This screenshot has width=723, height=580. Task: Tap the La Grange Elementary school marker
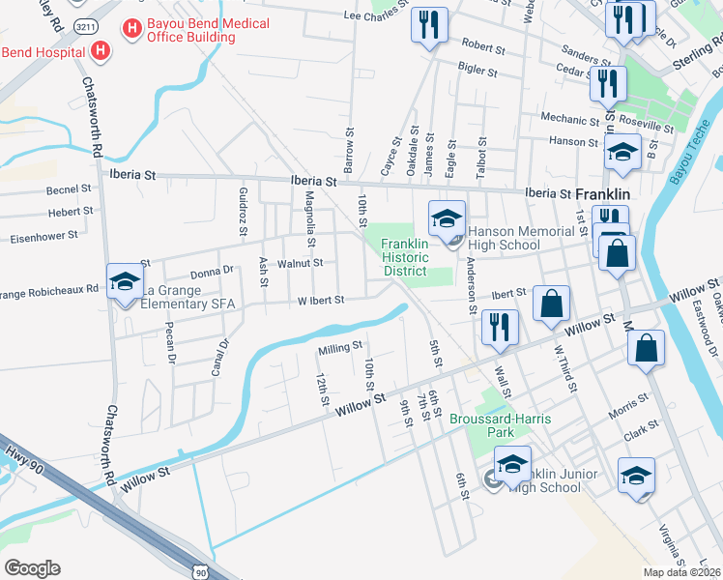pyautogui.click(x=124, y=283)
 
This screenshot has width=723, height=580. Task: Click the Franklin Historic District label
pyautogui.click(x=404, y=257)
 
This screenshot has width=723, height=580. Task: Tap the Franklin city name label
pyautogui.click(x=603, y=193)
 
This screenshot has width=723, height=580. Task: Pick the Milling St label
pyautogui.click(x=339, y=345)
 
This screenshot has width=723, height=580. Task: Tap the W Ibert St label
pyautogui.click(x=320, y=301)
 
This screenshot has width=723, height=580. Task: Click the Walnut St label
pyautogui.click(x=300, y=263)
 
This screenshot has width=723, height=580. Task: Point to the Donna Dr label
pyautogui.click(x=213, y=273)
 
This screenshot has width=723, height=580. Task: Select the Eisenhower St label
pyautogui.click(x=43, y=235)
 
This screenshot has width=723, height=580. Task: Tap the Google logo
pyautogui.click(x=33, y=567)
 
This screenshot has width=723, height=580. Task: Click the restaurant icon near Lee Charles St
pyautogui.click(x=429, y=25)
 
